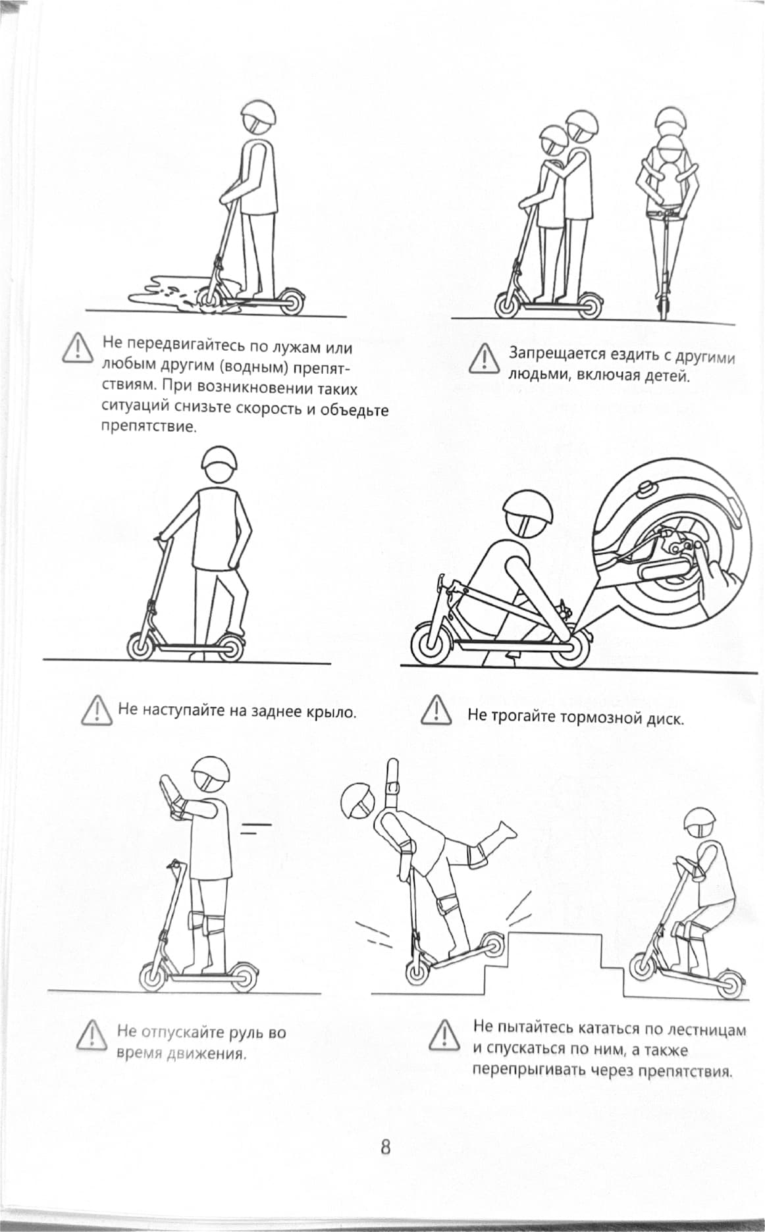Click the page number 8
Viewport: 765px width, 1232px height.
pos(385,1147)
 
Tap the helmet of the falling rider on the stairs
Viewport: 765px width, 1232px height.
pos(360,801)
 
